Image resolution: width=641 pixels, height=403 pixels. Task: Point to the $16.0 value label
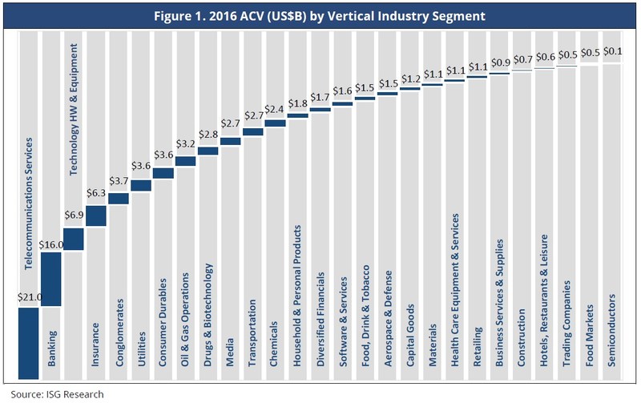[x=50, y=243]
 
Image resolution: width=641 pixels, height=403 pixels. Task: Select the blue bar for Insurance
[x=95, y=216]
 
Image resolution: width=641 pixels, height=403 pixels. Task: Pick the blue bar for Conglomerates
[x=118, y=199]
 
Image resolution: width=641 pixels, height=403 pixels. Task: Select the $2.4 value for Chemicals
[x=275, y=110]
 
